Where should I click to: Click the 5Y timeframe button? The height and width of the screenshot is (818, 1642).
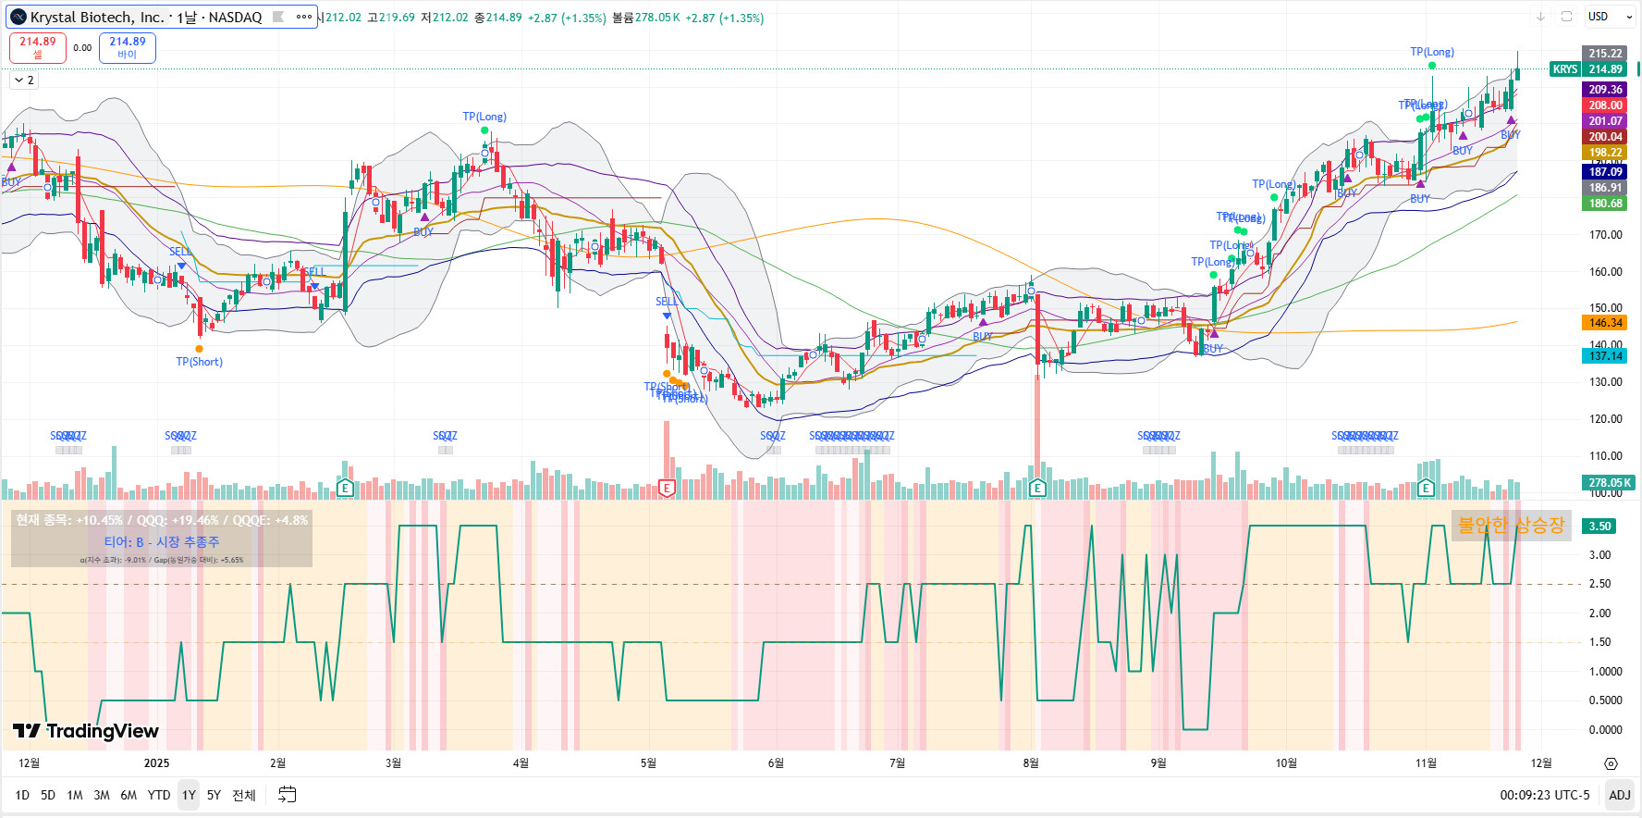(x=214, y=795)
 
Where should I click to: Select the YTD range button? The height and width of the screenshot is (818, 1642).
(x=159, y=795)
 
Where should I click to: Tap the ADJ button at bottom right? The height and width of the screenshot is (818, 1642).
(x=1619, y=795)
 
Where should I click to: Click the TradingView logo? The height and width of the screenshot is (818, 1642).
(x=86, y=731)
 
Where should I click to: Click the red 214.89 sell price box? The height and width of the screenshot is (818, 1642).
(x=38, y=47)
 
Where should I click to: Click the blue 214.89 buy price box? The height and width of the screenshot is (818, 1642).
(x=128, y=47)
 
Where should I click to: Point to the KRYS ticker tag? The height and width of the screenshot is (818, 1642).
(x=1564, y=69)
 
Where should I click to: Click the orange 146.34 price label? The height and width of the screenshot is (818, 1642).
(x=1605, y=323)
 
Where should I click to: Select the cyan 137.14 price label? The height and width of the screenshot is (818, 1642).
(x=1605, y=356)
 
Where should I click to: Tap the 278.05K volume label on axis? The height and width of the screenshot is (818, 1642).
(x=1609, y=482)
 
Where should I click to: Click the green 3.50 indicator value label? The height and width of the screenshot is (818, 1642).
(x=1600, y=526)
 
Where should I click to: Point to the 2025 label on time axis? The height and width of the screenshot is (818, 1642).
(x=157, y=763)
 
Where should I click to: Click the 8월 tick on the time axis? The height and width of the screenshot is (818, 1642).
(x=1031, y=763)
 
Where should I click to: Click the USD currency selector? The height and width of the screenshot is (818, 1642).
(x=1610, y=17)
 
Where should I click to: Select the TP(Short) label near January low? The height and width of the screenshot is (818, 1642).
(x=200, y=362)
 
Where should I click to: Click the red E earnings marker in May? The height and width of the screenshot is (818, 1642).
(x=666, y=488)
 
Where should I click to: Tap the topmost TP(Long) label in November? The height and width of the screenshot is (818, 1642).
(x=1432, y=52)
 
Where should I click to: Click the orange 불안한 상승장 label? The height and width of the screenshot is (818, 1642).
(x=1511, y=525)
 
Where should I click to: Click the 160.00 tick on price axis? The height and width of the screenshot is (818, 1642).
(x=1605, y=271)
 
